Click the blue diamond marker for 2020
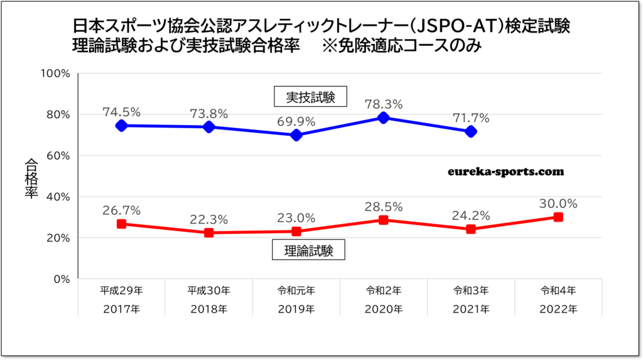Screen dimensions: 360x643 pos(384,118)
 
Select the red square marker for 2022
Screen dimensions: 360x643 pos(558,217)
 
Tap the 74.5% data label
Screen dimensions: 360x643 pos(122,112)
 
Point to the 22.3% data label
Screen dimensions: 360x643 pos(209,219)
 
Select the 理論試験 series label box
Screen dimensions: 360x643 pos(309,251)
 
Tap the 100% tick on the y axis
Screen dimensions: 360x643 pos(55,74)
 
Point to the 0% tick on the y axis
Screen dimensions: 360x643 pos(60,279)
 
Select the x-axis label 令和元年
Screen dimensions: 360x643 pos(296,292)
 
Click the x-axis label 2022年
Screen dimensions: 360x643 pos(558,308)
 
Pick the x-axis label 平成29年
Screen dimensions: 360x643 pos(122,292)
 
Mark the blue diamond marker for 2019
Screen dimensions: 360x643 pos(296,135)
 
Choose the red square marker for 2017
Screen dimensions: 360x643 pos(122,224)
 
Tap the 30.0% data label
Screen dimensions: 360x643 pos(558,204)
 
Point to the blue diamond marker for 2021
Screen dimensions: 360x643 pos(471,131)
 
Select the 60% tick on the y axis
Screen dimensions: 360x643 pos(58,156)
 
